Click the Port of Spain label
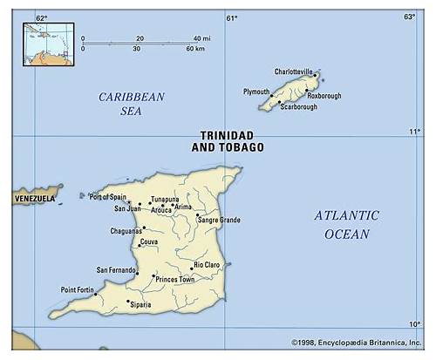click(x=108, y=197)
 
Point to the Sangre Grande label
click(x=220, y=219)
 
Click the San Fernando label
click(x=116, y=270)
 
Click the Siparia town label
click(x=140, y=304)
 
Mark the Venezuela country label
click(x=34, y=199)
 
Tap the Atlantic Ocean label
click(x=347, y=224)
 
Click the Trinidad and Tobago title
click(x=228, y=141)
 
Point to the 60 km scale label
click(x=194, y=49)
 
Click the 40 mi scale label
click(x=201, y=38)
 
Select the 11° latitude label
click(x=414, y=132)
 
